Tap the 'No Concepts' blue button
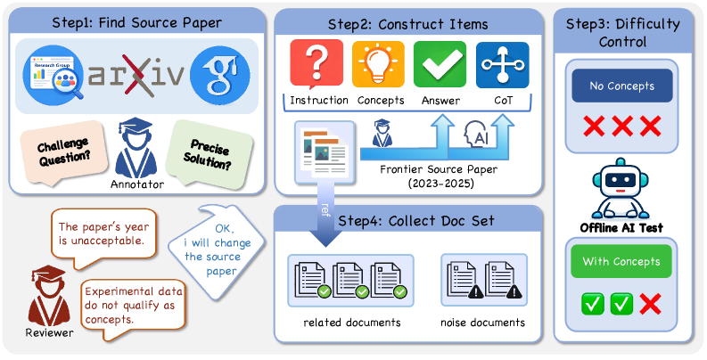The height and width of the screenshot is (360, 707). coord(622,87)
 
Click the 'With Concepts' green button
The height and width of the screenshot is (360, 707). coord(621,262)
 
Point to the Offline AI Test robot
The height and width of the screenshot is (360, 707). coord(621,189)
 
